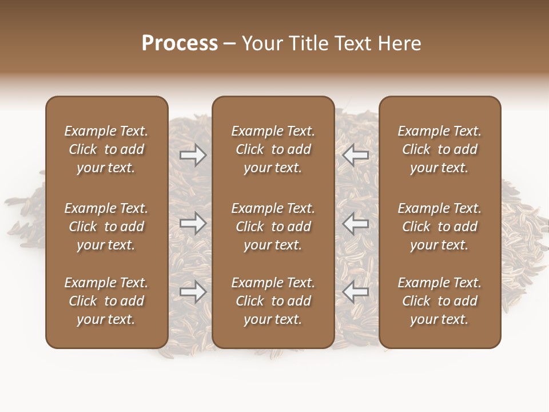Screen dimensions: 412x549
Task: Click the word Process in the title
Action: (x=180, y=43)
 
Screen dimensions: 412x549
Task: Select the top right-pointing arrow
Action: (x=193, y=155)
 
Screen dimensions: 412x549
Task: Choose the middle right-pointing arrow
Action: (x=193, y=223)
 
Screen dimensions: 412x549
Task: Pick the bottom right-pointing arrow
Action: (x=193, y=292)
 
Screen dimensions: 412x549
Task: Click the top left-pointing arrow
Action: (x=355, y=155)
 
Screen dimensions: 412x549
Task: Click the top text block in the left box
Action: (x=106, y=149)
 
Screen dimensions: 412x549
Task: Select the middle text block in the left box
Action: (x=106, y=227)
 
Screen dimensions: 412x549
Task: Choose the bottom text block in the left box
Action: (x=106, y=301)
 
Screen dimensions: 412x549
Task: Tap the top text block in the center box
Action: (x=273, y=149)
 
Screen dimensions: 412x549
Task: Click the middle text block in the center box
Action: (x=273, y=227)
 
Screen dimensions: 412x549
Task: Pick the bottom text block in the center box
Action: (x=273, y=301)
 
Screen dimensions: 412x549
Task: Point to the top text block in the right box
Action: (x=439, y=149)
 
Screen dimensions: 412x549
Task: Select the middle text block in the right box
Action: (x=439, y=227)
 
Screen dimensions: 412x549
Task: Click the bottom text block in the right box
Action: (x=439, y=301)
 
